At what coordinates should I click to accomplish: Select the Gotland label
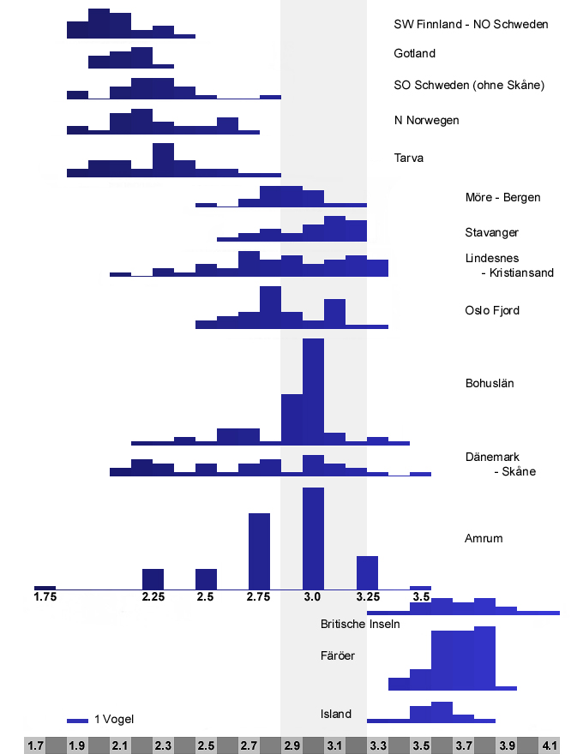415,53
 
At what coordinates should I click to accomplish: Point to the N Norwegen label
426,120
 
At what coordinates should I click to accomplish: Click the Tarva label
409,158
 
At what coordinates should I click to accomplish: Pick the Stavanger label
492,232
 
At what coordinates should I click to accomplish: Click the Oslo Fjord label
492,310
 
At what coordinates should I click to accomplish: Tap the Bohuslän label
489,383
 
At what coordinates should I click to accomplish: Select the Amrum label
484,538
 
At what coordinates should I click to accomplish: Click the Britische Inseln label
360,624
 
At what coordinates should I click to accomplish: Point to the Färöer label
338,656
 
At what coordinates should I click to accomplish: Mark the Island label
336,714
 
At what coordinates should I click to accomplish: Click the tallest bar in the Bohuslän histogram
313,390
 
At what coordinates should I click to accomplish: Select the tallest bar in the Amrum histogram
313,538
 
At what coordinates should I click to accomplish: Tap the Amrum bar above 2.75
259,551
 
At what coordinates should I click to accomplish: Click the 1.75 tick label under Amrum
45,596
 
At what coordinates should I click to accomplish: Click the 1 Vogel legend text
114,719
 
